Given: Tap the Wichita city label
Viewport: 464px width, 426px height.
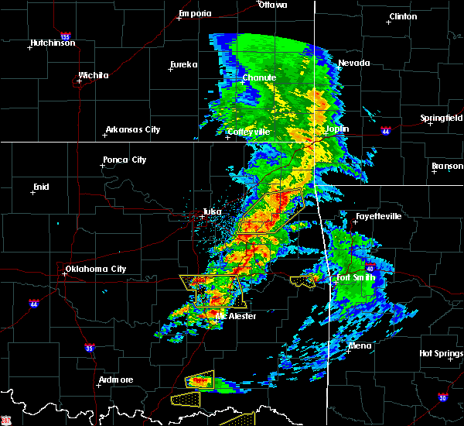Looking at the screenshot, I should pyautogui.click(x=93, y=75).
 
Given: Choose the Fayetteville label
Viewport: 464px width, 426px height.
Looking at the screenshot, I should pyautogui.click(x=378, y=216).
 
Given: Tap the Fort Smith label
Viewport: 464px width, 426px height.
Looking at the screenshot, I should pyautogui.click(x=356, y=277).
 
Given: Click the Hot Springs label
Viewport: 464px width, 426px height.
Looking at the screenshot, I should pyautogui.click(x=441, y=353).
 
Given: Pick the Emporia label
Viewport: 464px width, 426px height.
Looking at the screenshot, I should pyautogui.click(x=195, y=13).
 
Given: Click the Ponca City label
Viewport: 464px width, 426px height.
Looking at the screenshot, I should pyautogui.click(x=125, y=160).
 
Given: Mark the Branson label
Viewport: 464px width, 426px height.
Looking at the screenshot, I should pyautogui.click(x=447, y=166).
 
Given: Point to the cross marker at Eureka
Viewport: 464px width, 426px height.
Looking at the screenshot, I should pyautogui.click(x=171, y=70).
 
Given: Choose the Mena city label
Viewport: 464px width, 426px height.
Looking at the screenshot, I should pyautogui.click(x=360, y=345).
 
